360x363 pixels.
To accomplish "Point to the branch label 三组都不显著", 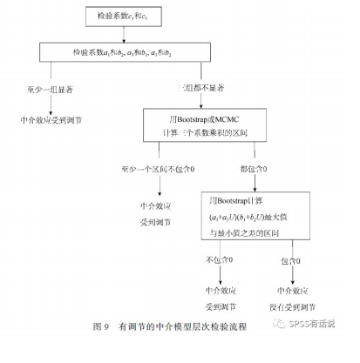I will coord(200,89).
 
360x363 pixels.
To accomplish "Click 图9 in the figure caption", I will coord(100,327).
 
